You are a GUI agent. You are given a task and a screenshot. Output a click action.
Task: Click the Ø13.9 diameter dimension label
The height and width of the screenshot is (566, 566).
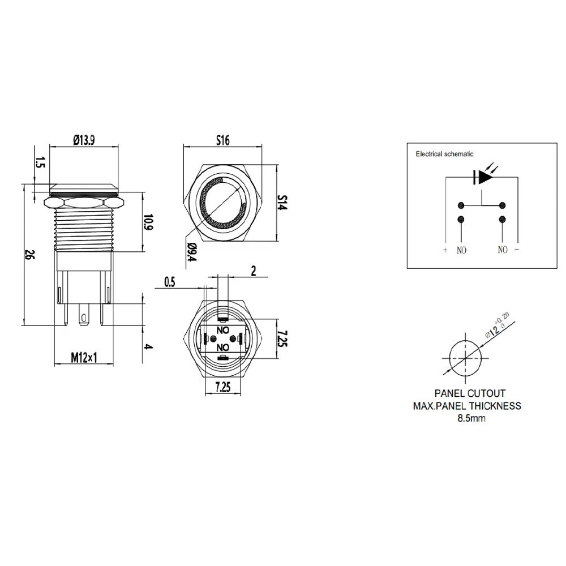pyautogui.click(x=84, y=140)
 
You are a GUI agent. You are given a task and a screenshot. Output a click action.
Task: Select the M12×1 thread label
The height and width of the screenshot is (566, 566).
pyautogui.click(x=84, y=358)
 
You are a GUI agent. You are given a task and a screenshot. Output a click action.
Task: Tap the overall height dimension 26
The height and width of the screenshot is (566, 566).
pyautogui.click(x=29, y=255)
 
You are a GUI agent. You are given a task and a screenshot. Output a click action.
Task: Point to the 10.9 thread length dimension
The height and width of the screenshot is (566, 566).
pyautogui.click(x=148, y=222)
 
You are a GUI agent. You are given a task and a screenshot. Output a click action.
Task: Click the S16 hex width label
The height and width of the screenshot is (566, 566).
pyautogui.click(x=222, y=140)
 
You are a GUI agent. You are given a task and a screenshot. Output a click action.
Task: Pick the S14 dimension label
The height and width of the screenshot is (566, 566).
pyautogui.click(x=282, y=203)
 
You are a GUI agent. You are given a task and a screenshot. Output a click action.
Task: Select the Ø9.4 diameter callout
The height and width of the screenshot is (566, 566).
pyautogui.click(x=192, y=252)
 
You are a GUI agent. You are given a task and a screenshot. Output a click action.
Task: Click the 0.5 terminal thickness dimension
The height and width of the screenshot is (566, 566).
pyautogui.click(x=170, y=282)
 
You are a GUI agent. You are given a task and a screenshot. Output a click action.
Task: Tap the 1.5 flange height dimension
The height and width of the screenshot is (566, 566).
pyautogui.click(x=40, y=162)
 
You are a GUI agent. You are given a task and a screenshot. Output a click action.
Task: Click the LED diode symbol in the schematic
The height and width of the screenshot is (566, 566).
pyautogui.click(x=483, y=177)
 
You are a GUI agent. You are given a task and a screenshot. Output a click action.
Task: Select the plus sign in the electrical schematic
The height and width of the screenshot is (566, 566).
pyautogui.click(x=445, y=250)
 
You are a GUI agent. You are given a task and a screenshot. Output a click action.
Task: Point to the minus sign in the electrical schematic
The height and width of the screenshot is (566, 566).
pyautogui.click(x=517, y=250)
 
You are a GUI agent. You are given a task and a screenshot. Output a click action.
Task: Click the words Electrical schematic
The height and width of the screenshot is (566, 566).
pyautogui.click(x=444, y=154)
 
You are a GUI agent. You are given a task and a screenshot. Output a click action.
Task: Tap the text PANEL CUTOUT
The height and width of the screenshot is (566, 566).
pyautogui.click(x=470, y=393)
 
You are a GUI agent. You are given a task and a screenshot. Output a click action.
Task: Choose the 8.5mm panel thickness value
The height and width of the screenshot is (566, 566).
pyautogui.click(x=471, y=418)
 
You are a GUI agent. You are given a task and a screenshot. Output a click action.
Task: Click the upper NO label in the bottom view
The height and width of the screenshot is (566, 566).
pyautogui.click(x=222, y=330)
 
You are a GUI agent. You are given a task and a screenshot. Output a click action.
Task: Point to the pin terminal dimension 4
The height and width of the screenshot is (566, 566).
pyautogui.click(x=148, y=346)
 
